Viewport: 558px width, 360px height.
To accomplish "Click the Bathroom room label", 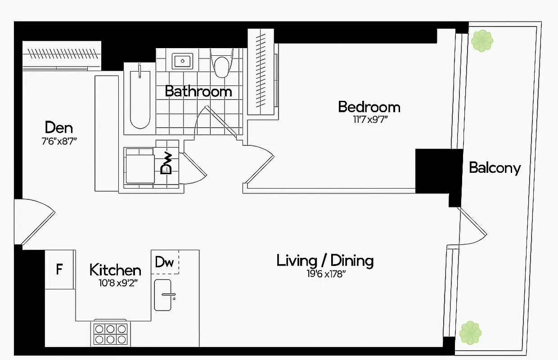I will click(198, 91).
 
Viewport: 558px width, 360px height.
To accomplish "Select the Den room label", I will click(59, 127).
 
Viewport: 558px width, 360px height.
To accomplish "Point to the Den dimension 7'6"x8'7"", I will click(59, 140).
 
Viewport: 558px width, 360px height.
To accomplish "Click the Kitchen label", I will click(115, 270).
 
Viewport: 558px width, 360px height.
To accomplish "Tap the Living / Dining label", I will click(325, 261).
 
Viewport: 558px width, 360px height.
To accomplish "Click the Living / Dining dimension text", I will click(325, 274).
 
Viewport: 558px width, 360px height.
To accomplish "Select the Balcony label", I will click(495, 168).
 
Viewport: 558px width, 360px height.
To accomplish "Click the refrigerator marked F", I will click(59, 270).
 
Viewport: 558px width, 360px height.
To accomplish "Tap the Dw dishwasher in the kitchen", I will click(165, 262).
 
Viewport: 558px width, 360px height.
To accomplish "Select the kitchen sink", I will click(162, 295).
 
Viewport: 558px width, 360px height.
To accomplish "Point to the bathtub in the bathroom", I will click(140, 98).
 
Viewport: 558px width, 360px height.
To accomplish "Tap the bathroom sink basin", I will click(183, 60).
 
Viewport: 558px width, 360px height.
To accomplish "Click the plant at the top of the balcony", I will click(482, 41).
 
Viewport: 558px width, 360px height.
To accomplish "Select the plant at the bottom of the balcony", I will click(470, 333).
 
